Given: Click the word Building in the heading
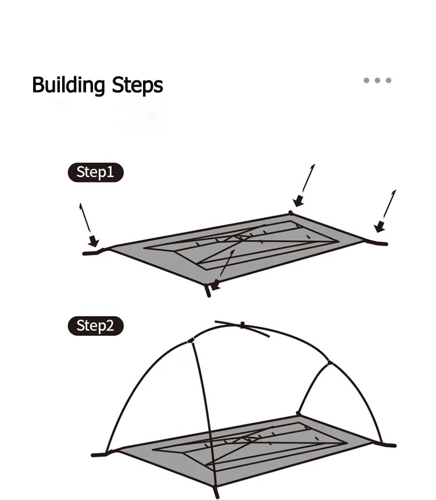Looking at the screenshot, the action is (69, 85).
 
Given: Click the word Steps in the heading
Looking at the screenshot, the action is (138, 85).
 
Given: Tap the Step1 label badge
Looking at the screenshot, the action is (95, 172).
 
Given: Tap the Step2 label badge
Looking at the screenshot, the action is (95, 326).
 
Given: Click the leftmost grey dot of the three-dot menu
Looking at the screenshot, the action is (367, 80).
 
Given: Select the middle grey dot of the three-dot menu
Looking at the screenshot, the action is (377, 80).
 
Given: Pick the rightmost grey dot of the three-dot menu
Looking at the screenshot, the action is (388, 80).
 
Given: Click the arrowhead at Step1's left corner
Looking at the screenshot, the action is (94, 242).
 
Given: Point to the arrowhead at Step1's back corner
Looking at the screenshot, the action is (298, 201).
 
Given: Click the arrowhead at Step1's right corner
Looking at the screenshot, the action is (379, 227).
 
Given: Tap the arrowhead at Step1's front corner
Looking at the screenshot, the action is (216, 285).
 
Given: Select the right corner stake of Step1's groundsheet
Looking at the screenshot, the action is (377, 243).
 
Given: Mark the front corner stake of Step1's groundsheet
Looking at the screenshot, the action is (208, 290).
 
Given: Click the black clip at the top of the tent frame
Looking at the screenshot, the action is (242, 325).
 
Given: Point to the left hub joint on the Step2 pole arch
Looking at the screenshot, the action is (191, 341).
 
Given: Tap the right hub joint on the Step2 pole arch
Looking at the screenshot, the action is (330, 363).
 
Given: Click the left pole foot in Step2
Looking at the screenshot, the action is (99, 454).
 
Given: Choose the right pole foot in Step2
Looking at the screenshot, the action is (387, 444).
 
